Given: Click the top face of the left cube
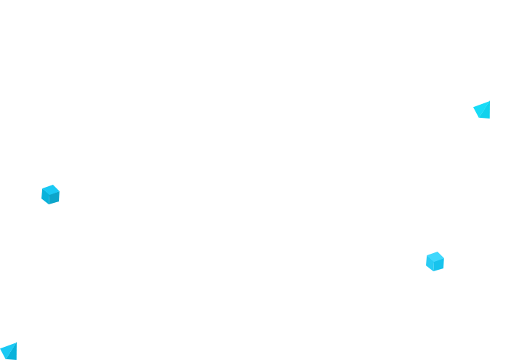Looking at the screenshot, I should tap(50, 188).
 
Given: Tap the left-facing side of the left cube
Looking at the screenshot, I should tap(46, 197).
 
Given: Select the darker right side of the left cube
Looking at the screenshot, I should tap(55, 198).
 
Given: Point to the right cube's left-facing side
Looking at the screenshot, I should tap(430, 264).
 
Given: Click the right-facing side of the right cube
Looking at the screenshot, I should tap(439, 265).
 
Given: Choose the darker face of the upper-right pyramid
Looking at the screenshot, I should tap(487, 110).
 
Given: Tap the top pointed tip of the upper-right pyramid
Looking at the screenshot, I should tap(489, 101).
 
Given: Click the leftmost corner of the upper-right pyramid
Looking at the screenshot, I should tap(473, 108).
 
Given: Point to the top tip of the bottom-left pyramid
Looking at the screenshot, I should tap(16, 343).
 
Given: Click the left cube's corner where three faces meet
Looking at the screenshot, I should tap(51, 193).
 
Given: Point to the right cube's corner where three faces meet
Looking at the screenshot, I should tap(435, 260).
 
